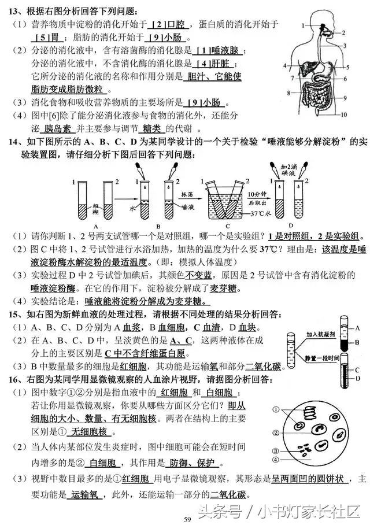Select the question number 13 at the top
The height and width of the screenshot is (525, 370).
(14, 10)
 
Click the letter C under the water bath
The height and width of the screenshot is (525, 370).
(227, 225)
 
